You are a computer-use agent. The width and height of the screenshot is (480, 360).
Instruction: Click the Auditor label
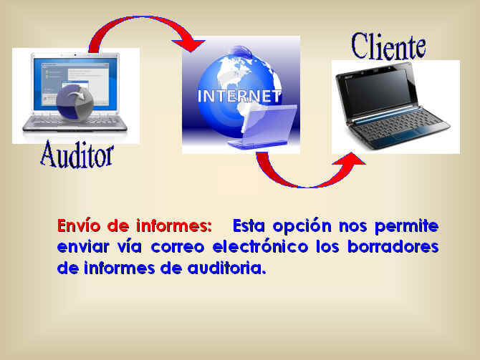coord(77,155)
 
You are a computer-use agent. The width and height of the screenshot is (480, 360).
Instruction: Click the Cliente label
coord(388,47)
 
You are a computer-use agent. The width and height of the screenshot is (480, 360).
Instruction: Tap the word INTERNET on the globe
coord(239,96)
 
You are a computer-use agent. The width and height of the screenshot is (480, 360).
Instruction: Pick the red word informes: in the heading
coord(174,225)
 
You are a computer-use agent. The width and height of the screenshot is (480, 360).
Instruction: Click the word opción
coord(302,227)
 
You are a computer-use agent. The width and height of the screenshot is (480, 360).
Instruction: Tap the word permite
coord(406,227)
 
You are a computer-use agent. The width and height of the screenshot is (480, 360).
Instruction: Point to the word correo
coord(178,247)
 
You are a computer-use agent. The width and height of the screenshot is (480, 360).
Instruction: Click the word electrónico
coord(260,246)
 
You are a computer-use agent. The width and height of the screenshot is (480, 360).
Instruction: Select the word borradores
coord(393,246)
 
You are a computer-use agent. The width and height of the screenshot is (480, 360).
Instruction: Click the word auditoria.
coord(226,268)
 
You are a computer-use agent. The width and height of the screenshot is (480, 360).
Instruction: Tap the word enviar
coord(83,246)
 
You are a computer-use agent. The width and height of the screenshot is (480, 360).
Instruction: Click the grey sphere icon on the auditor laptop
coord(75,102)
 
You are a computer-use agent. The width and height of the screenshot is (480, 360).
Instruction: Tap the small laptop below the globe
coord(263,126)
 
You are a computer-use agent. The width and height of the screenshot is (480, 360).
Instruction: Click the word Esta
coord(249,225)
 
